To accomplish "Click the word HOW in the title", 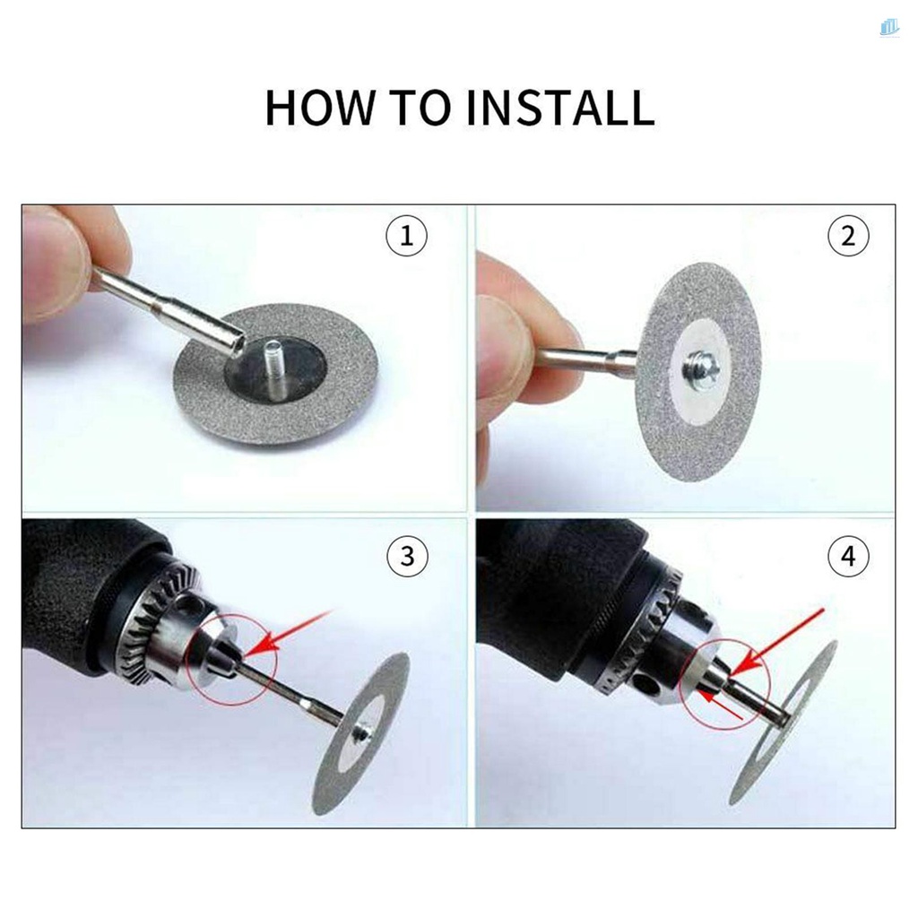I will coord(318,108).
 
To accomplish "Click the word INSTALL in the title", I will coord(559,108).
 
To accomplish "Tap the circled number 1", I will coord(406,237).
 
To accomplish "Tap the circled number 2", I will coord(848,237).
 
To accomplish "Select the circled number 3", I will coord(406,556).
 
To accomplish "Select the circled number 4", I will coord(848,556).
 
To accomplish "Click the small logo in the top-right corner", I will coord(888,28).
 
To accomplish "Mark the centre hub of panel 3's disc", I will coord(363,732).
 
